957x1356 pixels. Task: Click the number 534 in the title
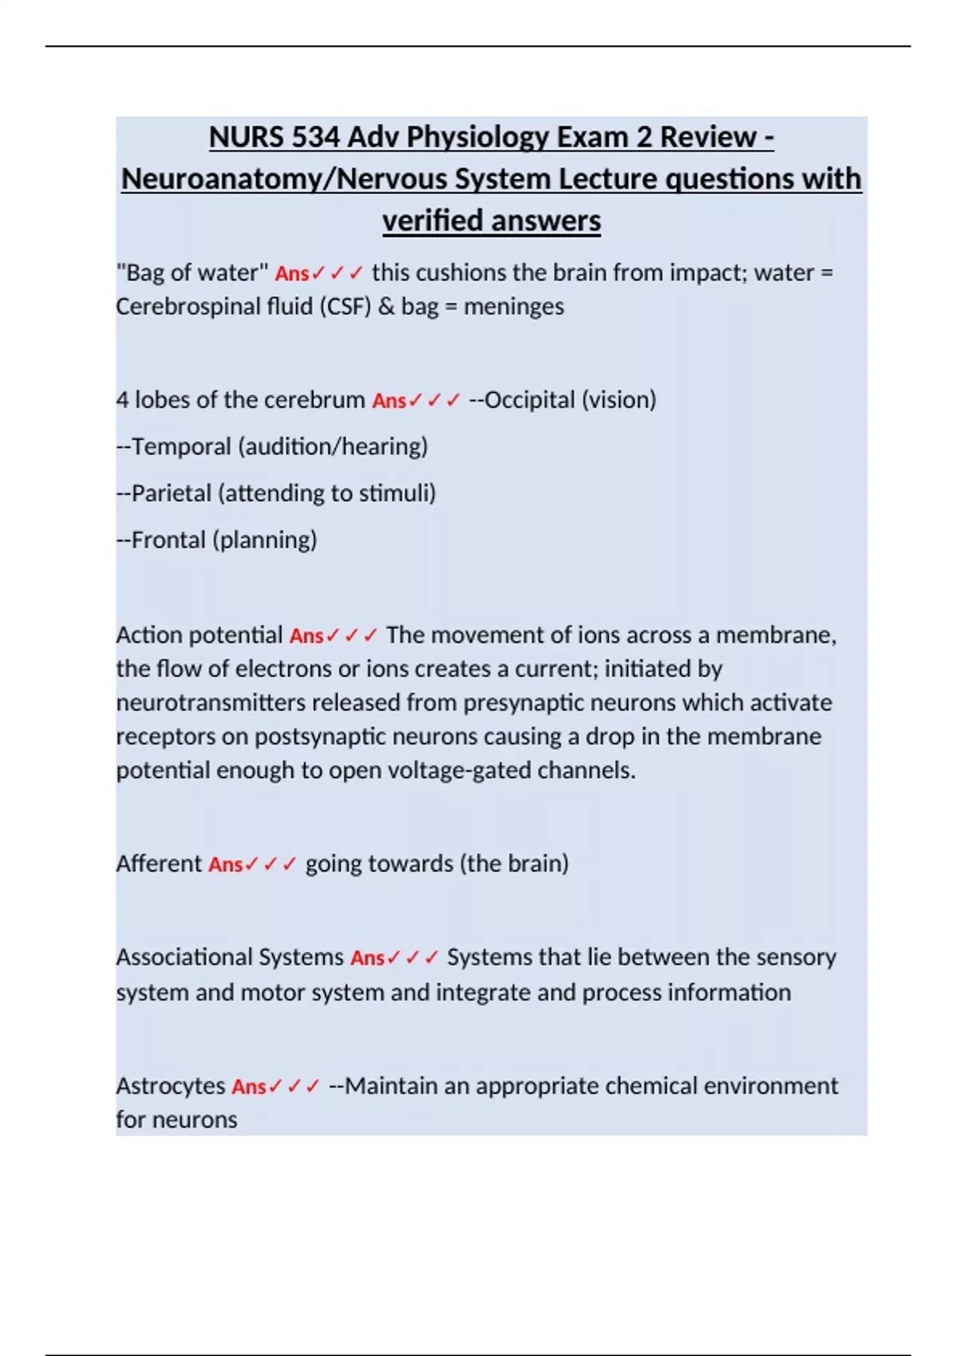(x=315, y=137)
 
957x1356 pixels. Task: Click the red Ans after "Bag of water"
(x=292, y=274)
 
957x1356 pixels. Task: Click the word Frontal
(x=167, y=540)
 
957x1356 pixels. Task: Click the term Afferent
(x=159, y=864)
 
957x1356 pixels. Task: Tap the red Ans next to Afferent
(x=226, y=865)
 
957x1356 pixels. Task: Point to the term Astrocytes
(x=171, y=1086)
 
